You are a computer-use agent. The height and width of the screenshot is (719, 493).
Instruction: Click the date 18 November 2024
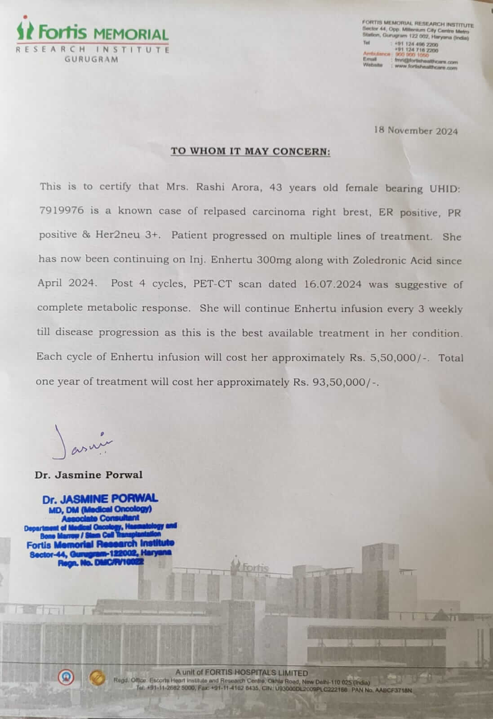tap(416, 131)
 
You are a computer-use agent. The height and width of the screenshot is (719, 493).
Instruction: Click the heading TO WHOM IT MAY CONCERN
tap(250, 151)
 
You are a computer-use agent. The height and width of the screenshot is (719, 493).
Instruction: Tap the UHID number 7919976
tap(61, 211)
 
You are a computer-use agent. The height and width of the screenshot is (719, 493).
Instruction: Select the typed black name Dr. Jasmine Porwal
tap(89, 475)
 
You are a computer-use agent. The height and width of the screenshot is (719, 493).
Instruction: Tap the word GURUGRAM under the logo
tap(92, 59)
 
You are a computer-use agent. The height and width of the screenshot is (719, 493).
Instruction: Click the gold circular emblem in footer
tap(96, 677)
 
